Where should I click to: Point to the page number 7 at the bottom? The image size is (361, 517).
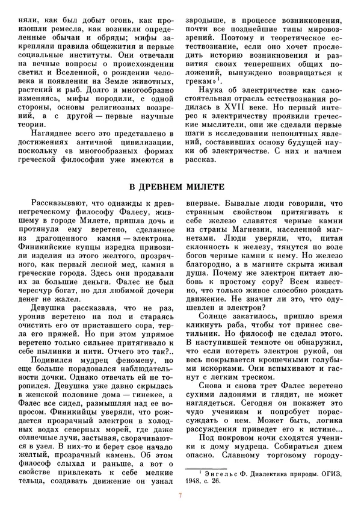click(180, 495)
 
